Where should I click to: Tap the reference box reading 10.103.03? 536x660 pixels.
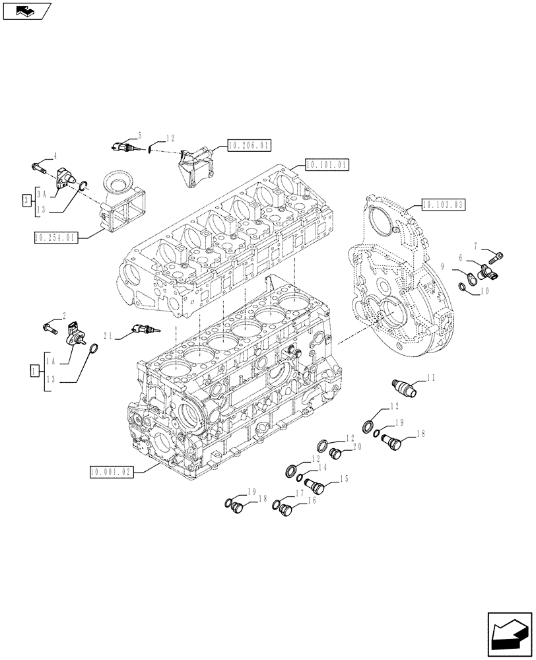pyautogui.click(x=442, y=204)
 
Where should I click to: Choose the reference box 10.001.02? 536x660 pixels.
pyautogui.click(x=111, y=471)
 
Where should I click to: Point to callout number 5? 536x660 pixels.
pyautogui.click(x=140, y=134)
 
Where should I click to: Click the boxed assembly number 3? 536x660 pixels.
pyautogui.click(x=26, y=199)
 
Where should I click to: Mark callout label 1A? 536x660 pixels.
pyautogui.click(x=51, y=360)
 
